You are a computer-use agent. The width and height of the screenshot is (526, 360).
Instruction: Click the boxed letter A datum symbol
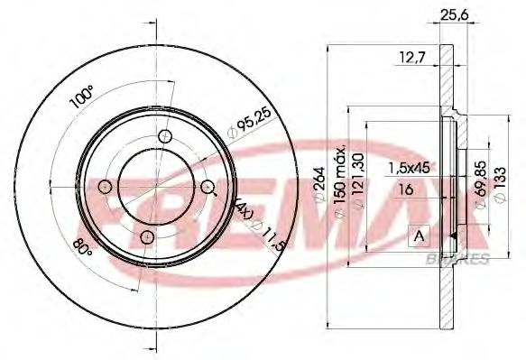pos(419,236)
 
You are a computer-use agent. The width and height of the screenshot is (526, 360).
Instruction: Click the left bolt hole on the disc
pos(105,188)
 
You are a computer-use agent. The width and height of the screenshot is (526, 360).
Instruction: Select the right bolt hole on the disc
pos(208,187)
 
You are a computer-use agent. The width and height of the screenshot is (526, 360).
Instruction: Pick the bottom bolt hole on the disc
pos(146,237)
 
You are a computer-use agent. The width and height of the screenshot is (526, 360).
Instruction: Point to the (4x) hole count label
pos(247,214)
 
